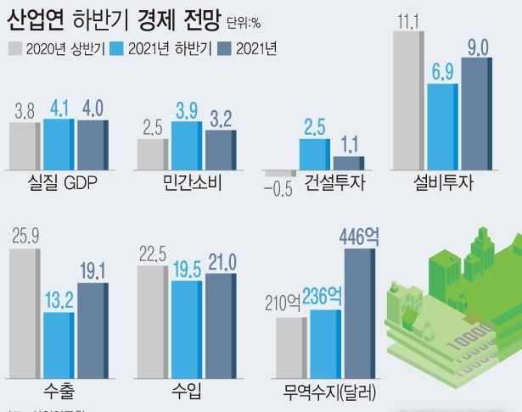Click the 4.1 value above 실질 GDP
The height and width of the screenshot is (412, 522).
pyautogui.click(x=59, y=109)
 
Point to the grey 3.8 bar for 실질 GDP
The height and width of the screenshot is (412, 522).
pyautogui.click(x=25, y=147)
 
